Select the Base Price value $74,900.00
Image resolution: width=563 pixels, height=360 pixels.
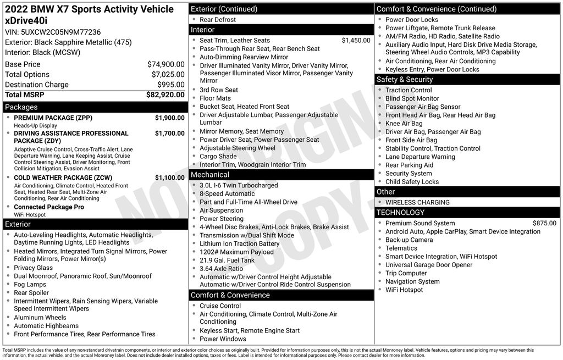pos(165,64)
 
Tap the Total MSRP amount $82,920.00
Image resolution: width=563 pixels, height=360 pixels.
pos(165,95)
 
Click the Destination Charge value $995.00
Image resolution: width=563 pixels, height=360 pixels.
pos(171,85)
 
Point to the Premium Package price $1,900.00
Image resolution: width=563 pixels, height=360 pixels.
pos(169,118)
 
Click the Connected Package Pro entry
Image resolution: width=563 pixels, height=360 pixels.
pos(49,207)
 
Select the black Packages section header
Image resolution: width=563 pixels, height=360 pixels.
pos(95,107)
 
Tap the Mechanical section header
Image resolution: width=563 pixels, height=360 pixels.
pos(281,175)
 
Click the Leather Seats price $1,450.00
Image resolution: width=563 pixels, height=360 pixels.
pos(356,40)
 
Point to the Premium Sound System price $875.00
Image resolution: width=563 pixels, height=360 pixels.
pos(544,223)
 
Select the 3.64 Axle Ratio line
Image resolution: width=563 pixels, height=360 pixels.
pos(221,269)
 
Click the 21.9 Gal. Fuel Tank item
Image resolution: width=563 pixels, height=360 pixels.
pos(227,261)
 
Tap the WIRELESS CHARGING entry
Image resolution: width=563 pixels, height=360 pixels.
pos(417,202)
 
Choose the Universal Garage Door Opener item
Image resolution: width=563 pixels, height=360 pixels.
pos(429,265)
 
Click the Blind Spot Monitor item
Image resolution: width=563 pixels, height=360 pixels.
pos(412,98)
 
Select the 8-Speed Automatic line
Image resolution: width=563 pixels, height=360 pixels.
pos(227,194)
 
